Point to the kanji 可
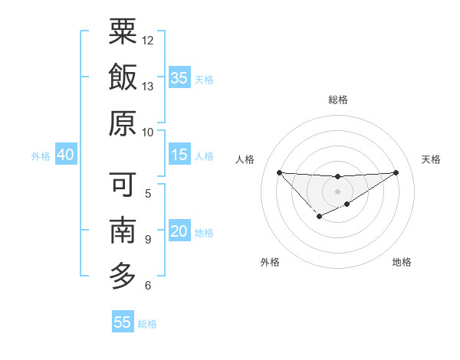coord(123,184)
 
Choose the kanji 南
coord(123,231)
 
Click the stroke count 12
coord(148,40)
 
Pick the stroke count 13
coord(148,87)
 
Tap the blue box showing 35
coord(179,78)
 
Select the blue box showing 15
coord(179,155)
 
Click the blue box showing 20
coord(179,232)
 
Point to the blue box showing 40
coord(65,155)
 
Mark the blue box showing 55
coord(123,322)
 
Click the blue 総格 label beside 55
coord(147,324)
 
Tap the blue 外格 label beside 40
coord(41,156)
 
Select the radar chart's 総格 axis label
coord(337,100)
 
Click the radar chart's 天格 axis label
coord(431,159)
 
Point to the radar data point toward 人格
coord(279,172)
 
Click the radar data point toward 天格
coord(396,172)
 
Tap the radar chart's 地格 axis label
coord(402,262)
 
